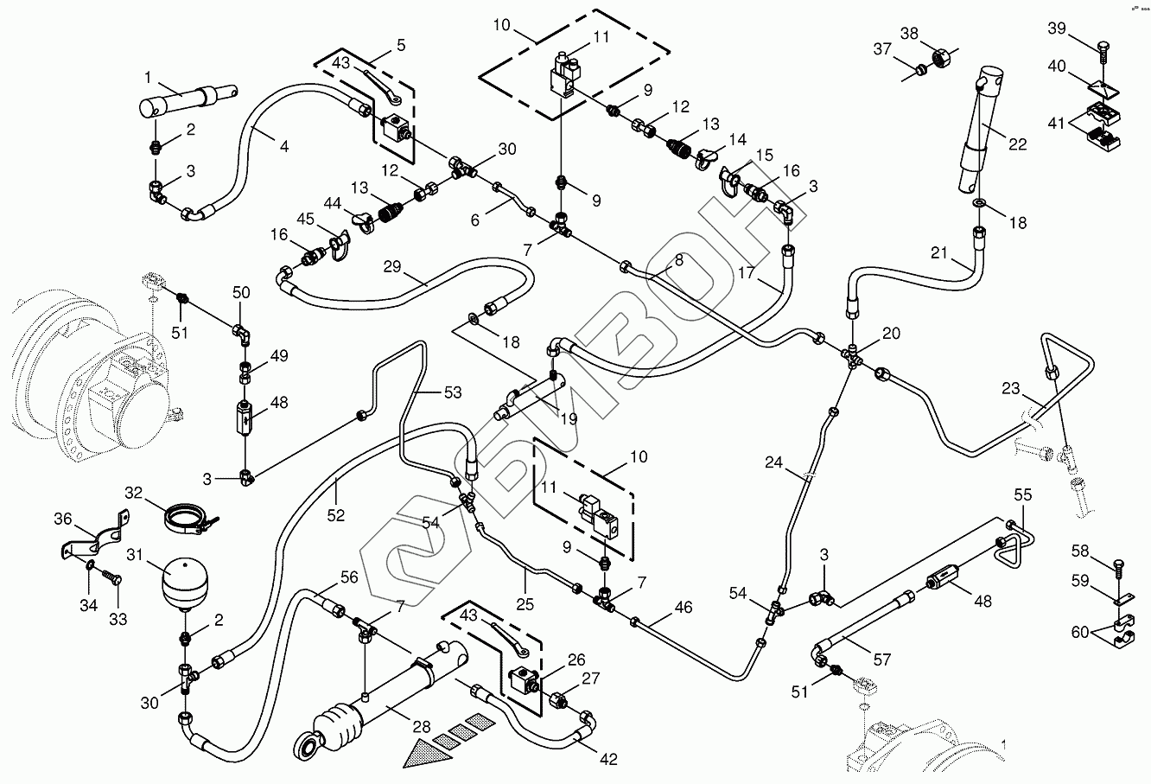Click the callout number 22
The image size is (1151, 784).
tap(1018, 144)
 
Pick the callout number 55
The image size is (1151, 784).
tap(1022, 496)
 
